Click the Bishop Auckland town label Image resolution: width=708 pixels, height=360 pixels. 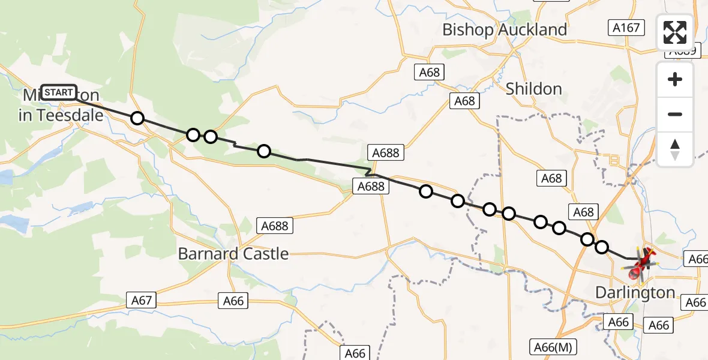[x=504, y=29]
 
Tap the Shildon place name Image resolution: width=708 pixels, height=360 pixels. [x=533, y=89]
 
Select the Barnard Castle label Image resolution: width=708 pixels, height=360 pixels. [x=233, y=254]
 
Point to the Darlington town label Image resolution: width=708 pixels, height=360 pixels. [x=635, y=293]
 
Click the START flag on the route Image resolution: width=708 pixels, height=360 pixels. [x=59, y=92]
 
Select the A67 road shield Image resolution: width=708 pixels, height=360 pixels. [x=142, y=301]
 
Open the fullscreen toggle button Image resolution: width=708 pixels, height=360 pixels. [x=675, y=32]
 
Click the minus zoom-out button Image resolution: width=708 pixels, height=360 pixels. [x=675, y=114]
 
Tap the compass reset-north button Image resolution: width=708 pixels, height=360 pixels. [x=675, y=149]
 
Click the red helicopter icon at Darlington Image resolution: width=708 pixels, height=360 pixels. [x=641, y=264]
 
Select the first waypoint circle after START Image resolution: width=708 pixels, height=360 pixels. [x=137, y=118]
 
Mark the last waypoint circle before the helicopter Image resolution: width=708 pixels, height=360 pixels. [x=601, y=247]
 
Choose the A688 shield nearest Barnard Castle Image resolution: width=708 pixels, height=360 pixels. [x=275, y=226]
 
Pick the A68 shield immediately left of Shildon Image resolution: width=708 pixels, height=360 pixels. [x=465, y=101]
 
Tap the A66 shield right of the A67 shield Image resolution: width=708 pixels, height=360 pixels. [x=233, y=301]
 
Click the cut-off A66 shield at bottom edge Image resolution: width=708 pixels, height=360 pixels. [x=355, y=353]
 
